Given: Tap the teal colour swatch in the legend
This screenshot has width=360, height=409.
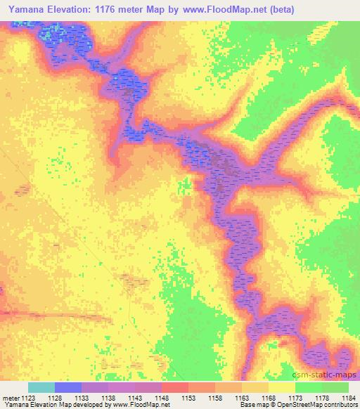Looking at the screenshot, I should (x=41, y=387).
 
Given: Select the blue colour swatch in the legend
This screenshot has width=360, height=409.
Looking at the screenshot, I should (x=68, y=387).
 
